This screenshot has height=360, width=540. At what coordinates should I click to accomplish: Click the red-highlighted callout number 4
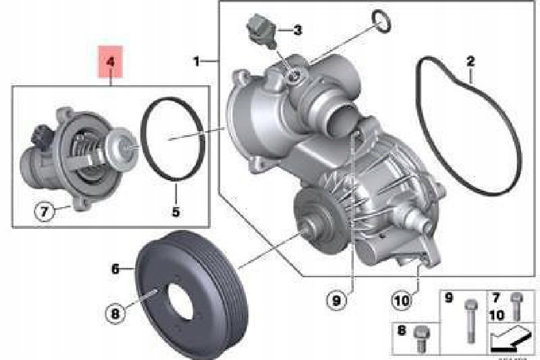click(110, 62)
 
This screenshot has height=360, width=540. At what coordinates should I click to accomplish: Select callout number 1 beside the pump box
click(196, 62)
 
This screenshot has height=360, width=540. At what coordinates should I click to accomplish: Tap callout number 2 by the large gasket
click(470, 62)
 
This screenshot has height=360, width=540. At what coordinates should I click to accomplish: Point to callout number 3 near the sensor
click(297, 30)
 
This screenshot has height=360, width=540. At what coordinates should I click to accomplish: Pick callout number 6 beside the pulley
click(115, 269)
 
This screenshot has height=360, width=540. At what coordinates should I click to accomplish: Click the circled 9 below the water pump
click(336, 300)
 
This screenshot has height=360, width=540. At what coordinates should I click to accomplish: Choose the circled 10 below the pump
click(402, 300)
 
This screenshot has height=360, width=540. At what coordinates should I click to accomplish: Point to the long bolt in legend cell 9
click(470, 318)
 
